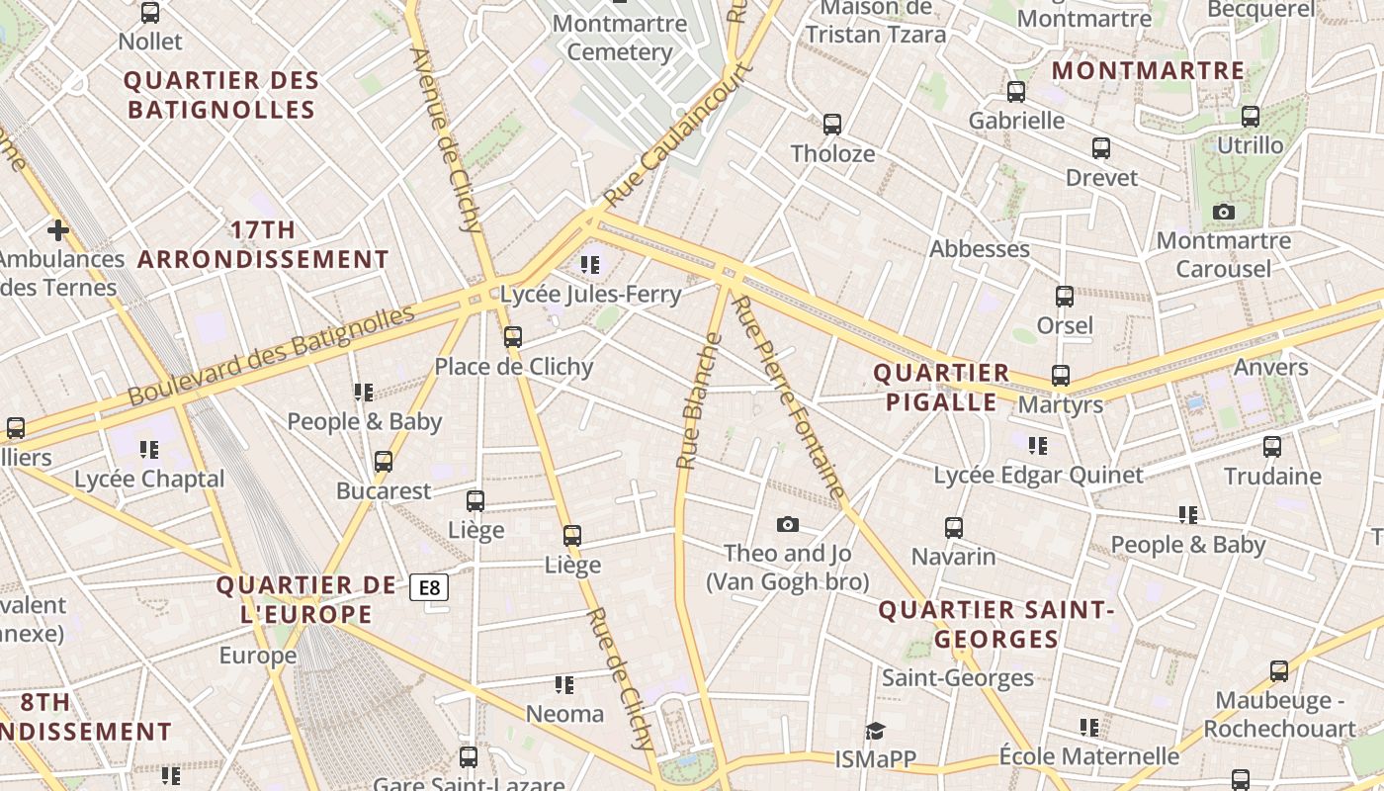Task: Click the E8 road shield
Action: (x=429, y=587)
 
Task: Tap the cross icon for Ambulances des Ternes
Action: (x=58, y=230)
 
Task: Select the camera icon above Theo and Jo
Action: (x=788, y=524)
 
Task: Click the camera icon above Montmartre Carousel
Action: (x=1224, y=212)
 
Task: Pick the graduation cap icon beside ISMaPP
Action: (x=875, y=731)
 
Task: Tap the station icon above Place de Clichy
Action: (x=512, y=336)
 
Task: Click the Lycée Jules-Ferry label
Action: (x=590, y=294)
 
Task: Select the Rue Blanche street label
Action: (x=699, y=400)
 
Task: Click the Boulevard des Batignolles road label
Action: (x=271, y=356)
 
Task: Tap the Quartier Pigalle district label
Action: (x=941, y=388)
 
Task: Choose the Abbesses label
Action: (x=980, y=248)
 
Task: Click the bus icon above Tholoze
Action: (x=832, y=125)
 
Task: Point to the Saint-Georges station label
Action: (x=957, y=677)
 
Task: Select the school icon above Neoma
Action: (x=564, y=684)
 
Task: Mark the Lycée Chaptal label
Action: (x=150, y=479)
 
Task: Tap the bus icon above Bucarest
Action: (x=384, y=462)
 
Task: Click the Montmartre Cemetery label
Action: (x=620, y=37)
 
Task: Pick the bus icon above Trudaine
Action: (x=1272, y=447)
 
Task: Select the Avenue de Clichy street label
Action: (x=445, y=139)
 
